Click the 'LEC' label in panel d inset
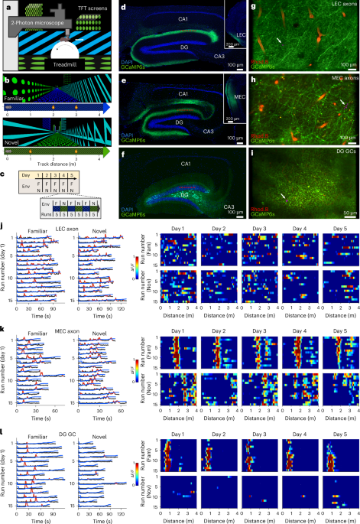pyautogui.click(x=238, y=36)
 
